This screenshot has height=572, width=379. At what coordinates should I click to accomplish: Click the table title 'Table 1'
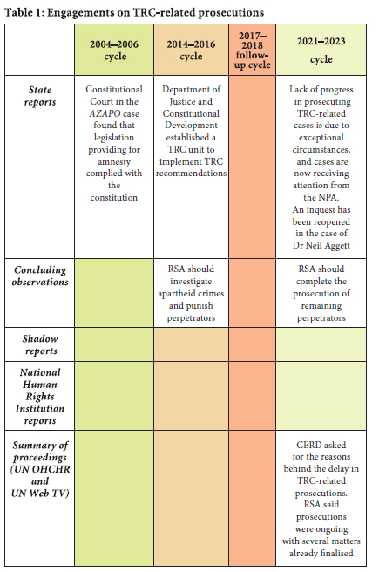(24, 12)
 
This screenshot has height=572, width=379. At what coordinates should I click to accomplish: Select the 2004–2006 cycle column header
(114, 50)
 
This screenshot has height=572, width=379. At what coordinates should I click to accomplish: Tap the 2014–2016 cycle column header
(191, 50)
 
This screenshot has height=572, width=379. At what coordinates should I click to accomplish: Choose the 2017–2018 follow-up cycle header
(252, 50)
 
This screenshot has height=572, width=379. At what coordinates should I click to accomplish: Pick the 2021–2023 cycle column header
(321, 50)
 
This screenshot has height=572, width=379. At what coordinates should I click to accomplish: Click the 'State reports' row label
(40, 96)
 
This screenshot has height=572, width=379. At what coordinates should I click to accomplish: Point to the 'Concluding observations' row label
(40, 276)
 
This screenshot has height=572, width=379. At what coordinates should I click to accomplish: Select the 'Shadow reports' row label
(40, 344)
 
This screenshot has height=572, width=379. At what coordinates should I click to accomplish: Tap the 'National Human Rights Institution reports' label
(40, 396)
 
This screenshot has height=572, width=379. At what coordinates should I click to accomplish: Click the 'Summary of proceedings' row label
(40, 469)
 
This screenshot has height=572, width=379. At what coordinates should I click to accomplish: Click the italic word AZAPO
(105, 113)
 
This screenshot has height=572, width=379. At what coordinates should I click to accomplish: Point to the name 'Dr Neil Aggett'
(321, 246)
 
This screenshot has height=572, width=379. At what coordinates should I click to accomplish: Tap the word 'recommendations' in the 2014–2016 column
(191, 173)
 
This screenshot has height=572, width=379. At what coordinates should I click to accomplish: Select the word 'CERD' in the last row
(309, 445)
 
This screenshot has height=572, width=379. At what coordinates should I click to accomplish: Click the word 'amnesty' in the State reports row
(114, 161)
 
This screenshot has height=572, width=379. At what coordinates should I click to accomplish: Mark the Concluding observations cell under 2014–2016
(191, 293)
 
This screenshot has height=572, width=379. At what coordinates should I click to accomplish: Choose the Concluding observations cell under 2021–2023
(321, 293)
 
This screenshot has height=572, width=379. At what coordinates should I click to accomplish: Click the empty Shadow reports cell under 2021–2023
(321, 344)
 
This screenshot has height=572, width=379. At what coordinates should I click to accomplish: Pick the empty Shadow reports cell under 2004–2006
(114, 344)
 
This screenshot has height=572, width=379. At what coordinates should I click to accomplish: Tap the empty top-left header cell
(40, 50)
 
